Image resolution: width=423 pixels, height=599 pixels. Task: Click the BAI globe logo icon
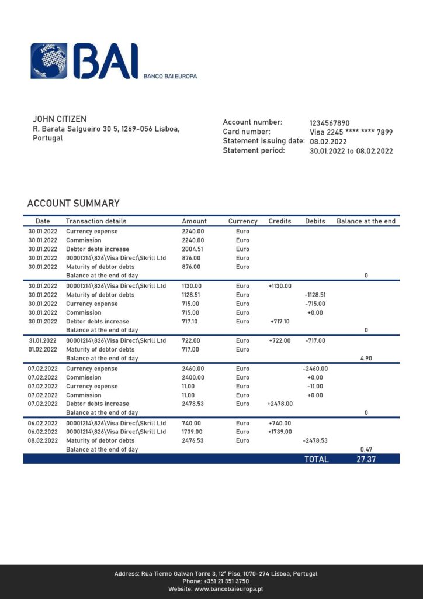[48, 60]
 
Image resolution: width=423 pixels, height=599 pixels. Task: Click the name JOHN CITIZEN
[60, 119]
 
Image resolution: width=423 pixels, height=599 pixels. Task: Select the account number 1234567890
[330, 122]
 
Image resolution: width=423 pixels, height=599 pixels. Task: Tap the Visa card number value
[351, 132]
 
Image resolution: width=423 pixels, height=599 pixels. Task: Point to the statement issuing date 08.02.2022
[328, 142]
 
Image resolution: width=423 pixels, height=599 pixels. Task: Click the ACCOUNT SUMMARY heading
[73, 204]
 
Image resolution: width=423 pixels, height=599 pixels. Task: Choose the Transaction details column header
[96, 221]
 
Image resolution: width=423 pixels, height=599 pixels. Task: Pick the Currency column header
[242, 221]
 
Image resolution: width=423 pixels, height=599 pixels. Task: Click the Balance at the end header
[366, 221]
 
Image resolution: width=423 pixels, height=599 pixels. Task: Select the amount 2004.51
[193, 249]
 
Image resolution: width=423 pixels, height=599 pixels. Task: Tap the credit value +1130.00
[280, 286]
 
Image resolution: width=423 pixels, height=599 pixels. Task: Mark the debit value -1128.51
[315, 295]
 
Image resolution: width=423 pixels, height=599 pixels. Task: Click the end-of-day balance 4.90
[366, 358]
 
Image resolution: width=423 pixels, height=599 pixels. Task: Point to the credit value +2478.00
[280, 404]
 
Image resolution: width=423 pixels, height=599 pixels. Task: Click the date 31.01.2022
[43, 340]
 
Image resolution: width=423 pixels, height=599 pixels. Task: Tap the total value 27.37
[366, 459]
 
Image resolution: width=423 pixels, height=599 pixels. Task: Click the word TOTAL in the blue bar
[316, 459]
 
